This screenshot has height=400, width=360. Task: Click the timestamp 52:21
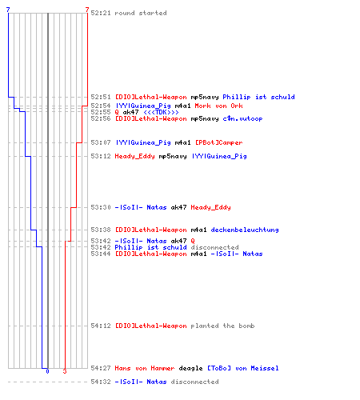point(101,13)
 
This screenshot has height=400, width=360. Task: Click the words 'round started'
point(141,13)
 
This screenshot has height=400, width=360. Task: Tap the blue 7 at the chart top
point(8,10)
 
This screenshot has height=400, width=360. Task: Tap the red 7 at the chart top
point(87,10)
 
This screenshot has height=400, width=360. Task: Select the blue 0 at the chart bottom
point(47,371)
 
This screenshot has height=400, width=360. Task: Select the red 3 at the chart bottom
point(65,371)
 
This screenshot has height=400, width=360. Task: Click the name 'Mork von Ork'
point(218,106)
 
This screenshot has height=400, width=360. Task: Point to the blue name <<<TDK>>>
point(161,112)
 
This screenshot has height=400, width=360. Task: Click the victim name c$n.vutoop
point(242,118)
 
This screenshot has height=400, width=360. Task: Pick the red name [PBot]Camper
point(219,142)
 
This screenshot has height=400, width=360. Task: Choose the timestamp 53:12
point(101,156)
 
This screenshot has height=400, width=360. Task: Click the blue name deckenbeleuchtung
point(245,230)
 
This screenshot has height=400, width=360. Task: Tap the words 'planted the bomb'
point(222,326)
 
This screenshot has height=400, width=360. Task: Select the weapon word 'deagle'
point(190,368)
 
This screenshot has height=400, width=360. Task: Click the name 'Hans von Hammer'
point(145,368)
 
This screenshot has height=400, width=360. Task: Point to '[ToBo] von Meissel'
point(243,368)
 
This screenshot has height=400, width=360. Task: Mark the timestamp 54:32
point(101,382)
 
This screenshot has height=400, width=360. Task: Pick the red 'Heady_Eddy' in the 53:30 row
point(210,207)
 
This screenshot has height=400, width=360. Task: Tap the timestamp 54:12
point(101,326)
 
